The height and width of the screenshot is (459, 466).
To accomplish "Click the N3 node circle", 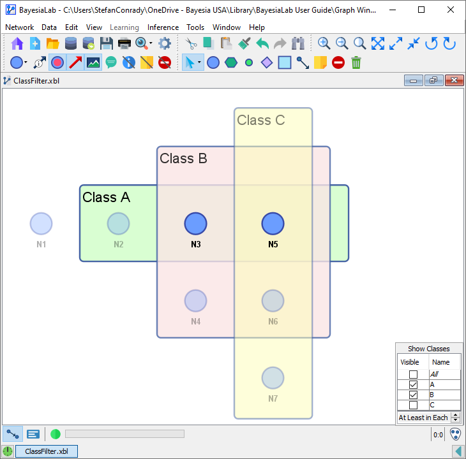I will (196, 224).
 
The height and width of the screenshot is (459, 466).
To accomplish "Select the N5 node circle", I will (273, 224).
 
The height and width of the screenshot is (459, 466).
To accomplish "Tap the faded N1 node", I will (41, 224).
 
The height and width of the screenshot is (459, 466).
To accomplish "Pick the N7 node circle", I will (273, 378).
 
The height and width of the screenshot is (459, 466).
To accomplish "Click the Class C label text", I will (260, 120).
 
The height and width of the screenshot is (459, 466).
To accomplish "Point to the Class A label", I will (106, 198).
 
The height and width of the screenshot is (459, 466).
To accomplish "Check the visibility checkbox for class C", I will (413, 405).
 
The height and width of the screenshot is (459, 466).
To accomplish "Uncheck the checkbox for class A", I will (413, 385).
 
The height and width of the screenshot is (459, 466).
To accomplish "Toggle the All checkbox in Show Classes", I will (413, 375).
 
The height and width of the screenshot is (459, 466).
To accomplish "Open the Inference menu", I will (163, 27).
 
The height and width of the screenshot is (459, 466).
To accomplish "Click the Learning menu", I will (124, 27).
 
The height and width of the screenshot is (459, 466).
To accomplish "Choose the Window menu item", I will (227, 27).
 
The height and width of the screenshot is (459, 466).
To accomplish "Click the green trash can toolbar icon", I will (356, 62).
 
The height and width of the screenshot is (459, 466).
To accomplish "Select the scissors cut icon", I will (191, 43).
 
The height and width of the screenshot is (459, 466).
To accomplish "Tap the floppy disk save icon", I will (106, 43).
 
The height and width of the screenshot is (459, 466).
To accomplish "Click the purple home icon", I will (17, 43).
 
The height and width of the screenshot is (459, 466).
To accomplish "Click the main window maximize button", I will (421, 10).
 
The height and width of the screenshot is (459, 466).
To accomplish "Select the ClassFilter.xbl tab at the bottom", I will (46, 451).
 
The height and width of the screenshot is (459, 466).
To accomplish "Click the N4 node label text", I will (195, 321).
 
